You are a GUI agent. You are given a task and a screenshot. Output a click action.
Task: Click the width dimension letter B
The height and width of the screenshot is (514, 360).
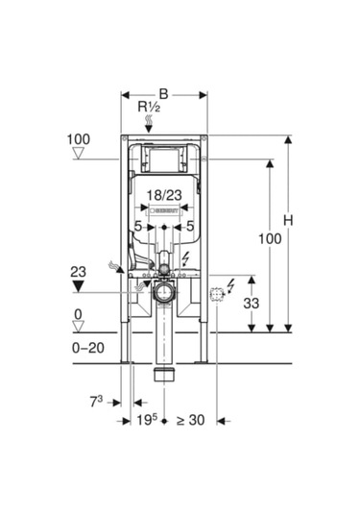163,94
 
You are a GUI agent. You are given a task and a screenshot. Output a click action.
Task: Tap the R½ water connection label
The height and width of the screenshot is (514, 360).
149,108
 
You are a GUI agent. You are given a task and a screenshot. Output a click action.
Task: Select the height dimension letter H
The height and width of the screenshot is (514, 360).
288,221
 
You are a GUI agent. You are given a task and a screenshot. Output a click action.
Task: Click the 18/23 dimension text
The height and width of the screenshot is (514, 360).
164,195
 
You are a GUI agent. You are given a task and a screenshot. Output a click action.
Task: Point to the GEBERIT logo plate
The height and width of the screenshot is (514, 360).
164,210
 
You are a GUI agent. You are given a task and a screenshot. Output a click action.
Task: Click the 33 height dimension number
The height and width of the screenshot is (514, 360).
251,304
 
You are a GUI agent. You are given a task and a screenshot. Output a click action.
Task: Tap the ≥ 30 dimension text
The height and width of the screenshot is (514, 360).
191,420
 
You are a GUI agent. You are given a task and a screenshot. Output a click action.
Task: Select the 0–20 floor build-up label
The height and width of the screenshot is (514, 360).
88,348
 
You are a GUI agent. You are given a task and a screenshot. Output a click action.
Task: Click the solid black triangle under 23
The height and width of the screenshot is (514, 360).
79,286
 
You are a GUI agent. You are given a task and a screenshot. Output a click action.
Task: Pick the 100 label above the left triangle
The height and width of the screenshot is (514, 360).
79,139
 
